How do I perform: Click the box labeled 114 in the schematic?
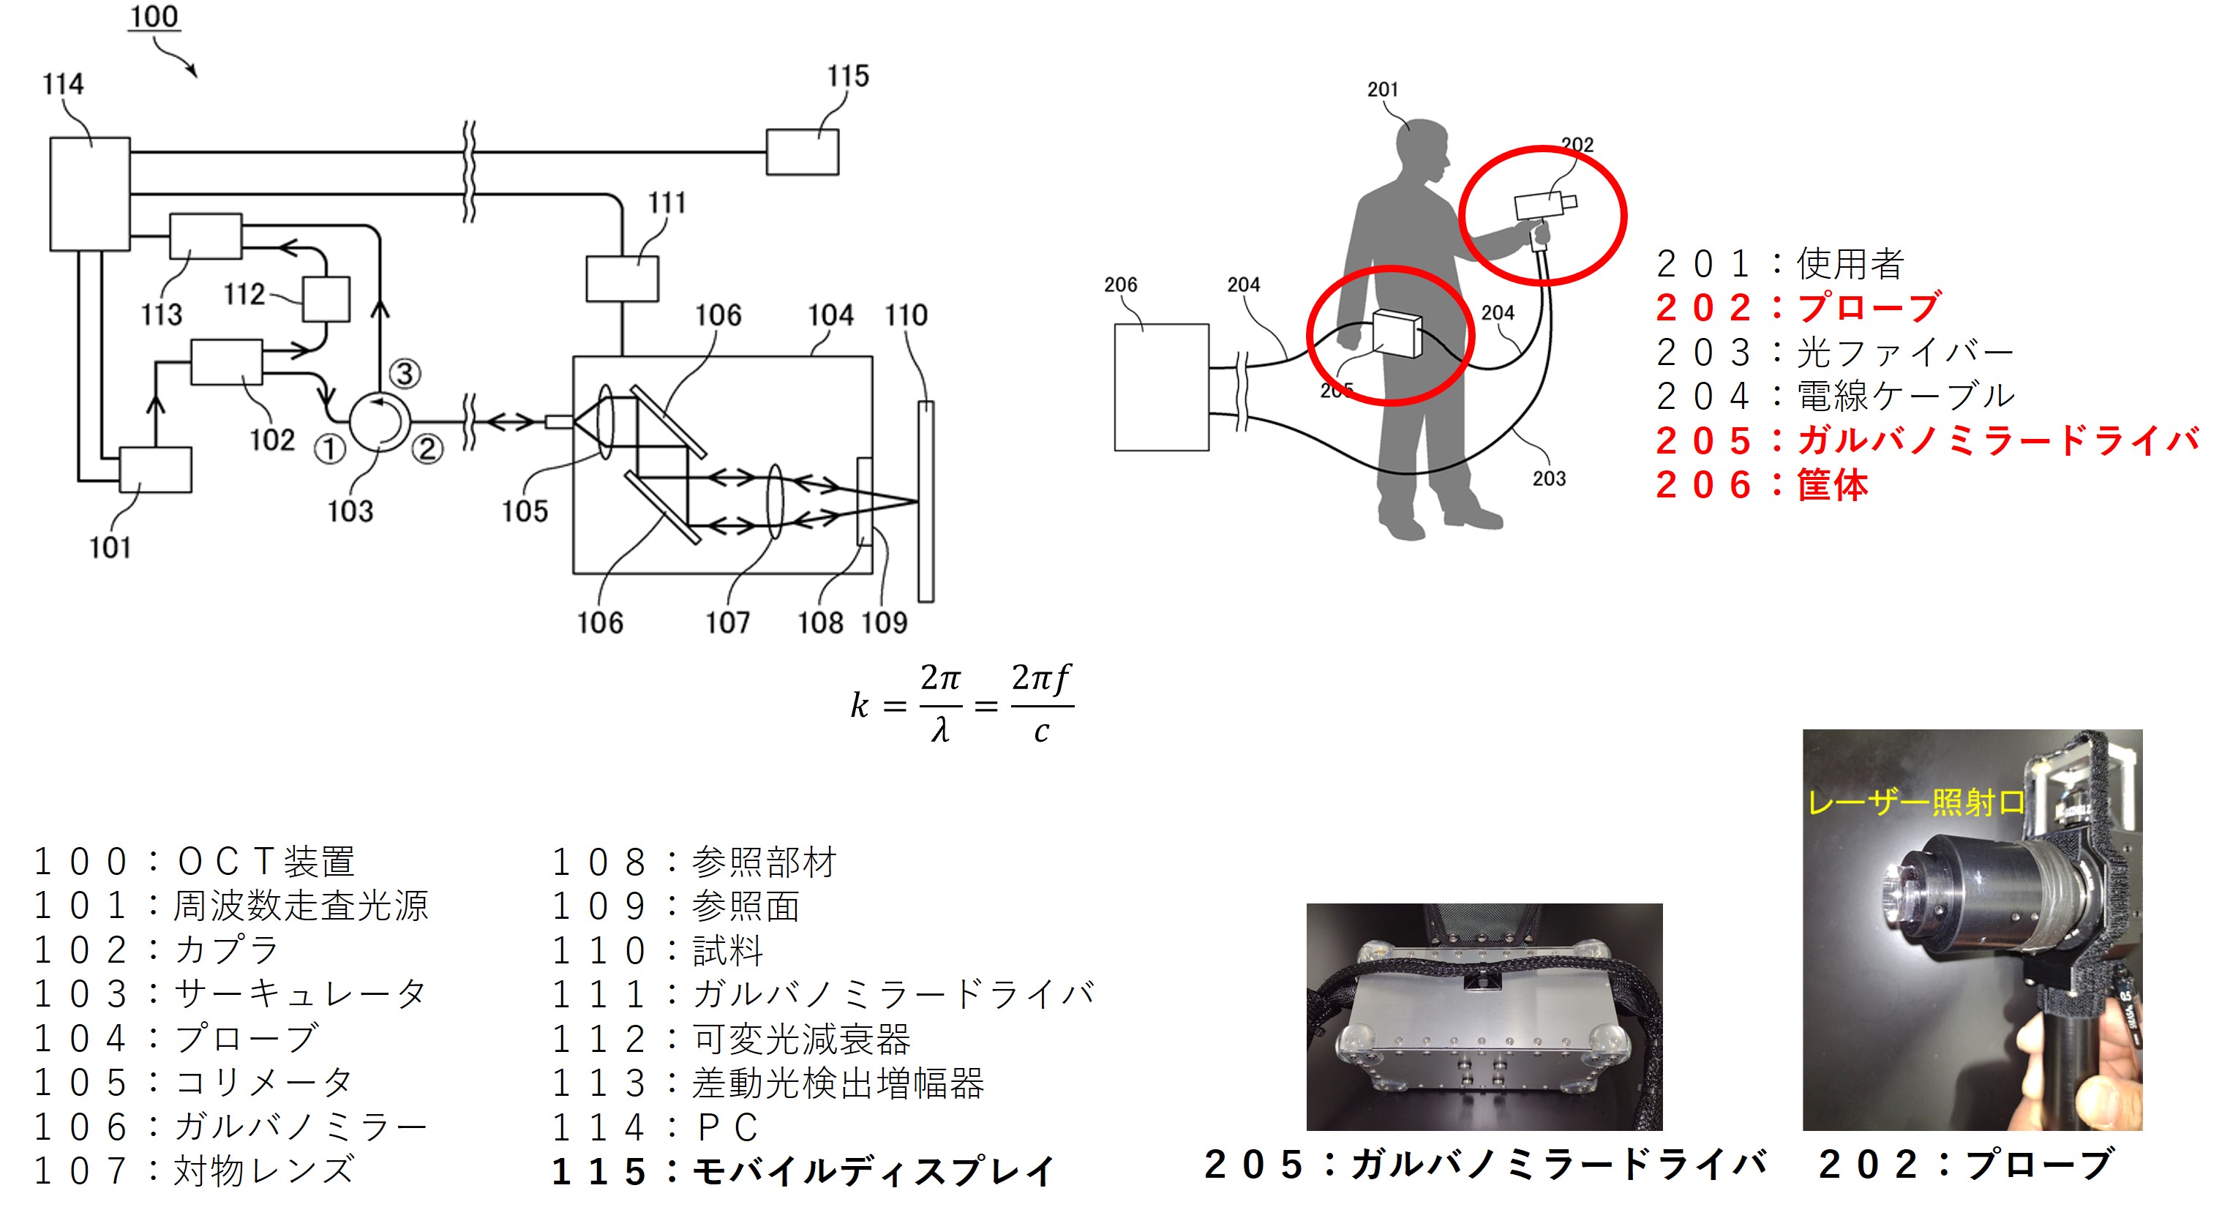click(x=90, y=194)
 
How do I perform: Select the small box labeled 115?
click(x=803, y=151)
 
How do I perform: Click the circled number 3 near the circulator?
click(x=405, y=373)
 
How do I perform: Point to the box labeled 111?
click(x=622, y=279)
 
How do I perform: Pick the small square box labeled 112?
click(x=326, y=299)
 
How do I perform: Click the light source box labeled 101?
click(x=155, y=470)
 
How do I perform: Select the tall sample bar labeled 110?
click(x=926, y=501)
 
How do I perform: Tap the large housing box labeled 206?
click(x=1161, y=387)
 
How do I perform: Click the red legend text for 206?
click(x=1761, y=485)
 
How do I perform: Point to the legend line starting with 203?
click(x=1834, y=351)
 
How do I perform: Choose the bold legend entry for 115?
click(x=803, y=1171)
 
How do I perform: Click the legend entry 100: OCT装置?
click(x=195, y=861)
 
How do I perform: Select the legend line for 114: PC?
click(x=656, y=1127)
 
